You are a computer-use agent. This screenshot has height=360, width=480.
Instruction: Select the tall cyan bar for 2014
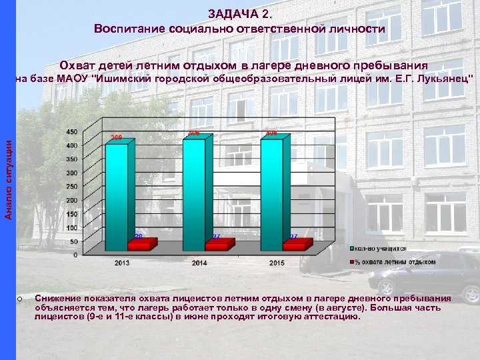[x=194, y=190]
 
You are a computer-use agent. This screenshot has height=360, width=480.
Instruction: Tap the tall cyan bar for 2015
[x=271, y=191]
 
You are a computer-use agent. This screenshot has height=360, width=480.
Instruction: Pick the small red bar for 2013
[x=138, y=245]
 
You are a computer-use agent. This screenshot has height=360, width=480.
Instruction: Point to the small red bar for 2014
[x=216, y=245]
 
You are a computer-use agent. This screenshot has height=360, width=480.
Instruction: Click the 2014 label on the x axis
[x=199, y=263]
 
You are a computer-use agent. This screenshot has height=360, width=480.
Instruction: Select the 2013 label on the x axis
[x=122, y=263]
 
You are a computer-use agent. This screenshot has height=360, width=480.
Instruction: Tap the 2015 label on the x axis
[x=277, y=263]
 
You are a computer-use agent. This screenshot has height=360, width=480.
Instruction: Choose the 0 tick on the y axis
[x=75, y=255]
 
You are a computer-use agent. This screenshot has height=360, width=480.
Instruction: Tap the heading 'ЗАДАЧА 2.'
[x=239, y=13]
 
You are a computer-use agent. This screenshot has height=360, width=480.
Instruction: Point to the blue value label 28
[x=139, y=236]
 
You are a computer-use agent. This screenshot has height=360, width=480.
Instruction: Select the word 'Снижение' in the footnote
[x=58, y=298]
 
